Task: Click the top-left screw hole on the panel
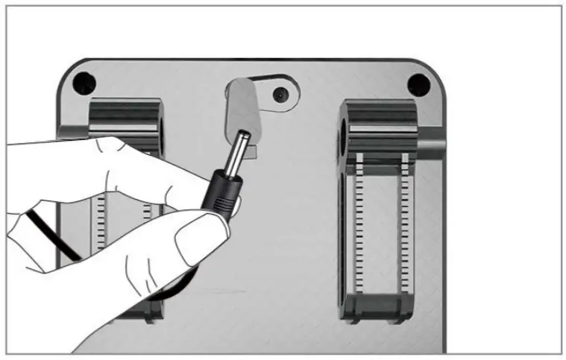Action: coord(84,80)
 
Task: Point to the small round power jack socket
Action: coord(280,95)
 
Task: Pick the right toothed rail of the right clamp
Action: coord(406,231)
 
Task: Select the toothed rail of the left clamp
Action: coord(101,224)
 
